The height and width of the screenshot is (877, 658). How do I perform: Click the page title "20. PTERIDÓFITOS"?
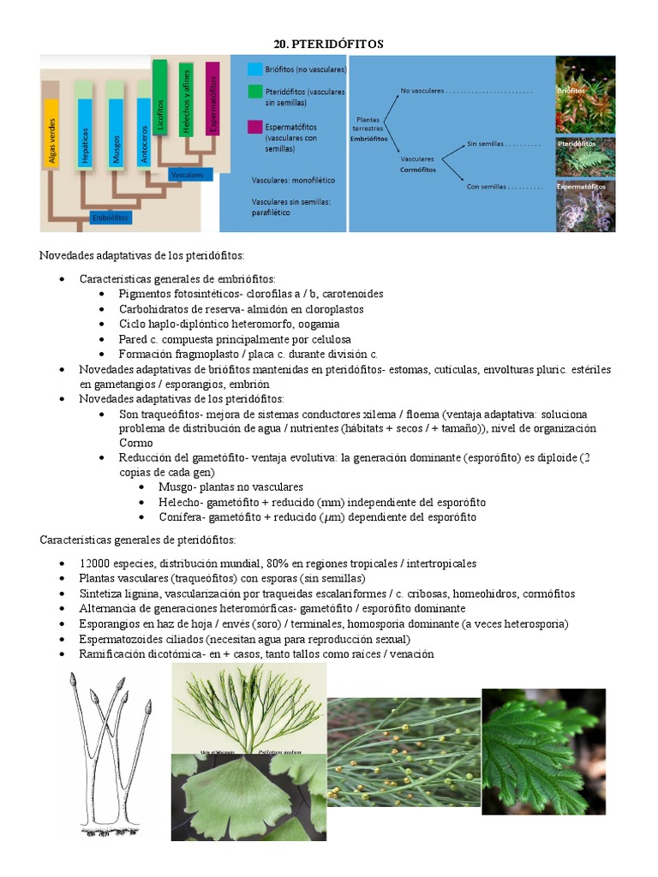[x=328, y=43]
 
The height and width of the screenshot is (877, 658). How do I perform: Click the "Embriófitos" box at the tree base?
[x=111, y=218]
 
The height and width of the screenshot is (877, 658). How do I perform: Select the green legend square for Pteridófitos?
[x=255, y=90]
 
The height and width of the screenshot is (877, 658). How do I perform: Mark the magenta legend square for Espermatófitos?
[x=255, y=127]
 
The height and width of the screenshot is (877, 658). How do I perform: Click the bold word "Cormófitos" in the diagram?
[x=418, y=170]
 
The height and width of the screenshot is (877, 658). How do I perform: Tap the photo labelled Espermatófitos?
[x=586, y=206]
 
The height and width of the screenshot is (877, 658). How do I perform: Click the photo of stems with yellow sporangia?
[x=404, y=752]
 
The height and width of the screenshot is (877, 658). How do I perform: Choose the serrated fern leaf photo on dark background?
[x=543, y=751]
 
